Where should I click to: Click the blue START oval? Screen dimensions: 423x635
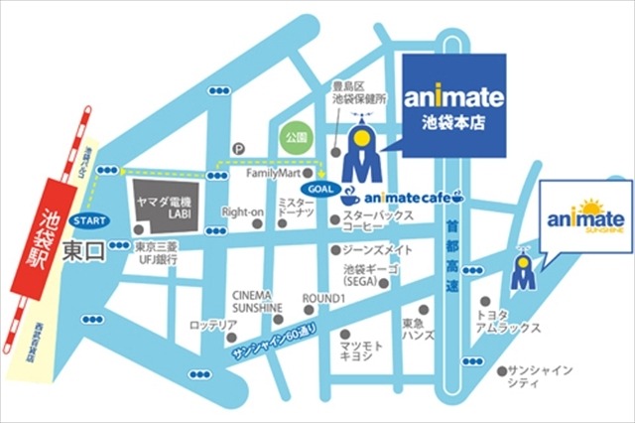tap(90, 219)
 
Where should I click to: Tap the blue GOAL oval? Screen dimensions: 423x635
tap(319, 185)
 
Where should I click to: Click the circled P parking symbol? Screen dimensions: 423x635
tap(237, 148)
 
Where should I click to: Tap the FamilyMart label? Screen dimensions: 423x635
tap(272, 173)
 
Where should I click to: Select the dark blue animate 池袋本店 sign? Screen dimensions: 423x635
tap(455, 106)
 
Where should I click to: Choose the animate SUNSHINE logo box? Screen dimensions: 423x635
tap(585, 218)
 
